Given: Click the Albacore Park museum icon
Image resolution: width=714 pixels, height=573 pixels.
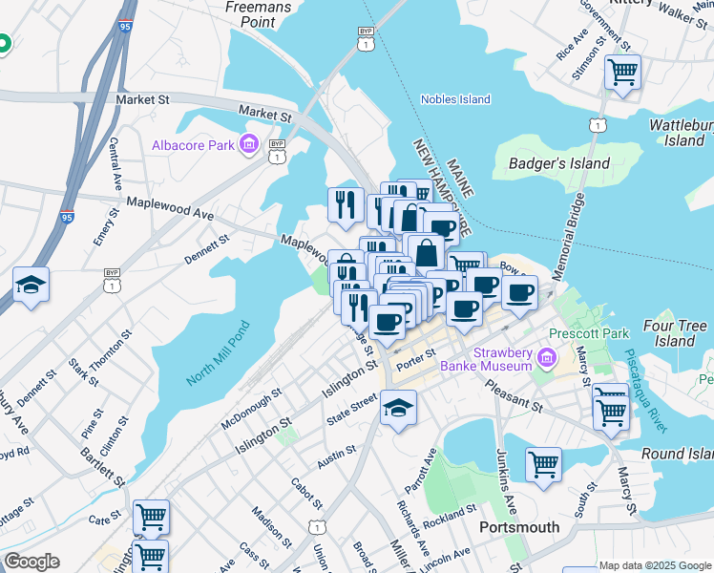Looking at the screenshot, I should [x=250, y=145].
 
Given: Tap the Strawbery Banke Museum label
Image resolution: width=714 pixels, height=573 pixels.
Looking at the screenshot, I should [x=493, y=359].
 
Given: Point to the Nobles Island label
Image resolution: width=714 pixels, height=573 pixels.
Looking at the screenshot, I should [x=455, y=99].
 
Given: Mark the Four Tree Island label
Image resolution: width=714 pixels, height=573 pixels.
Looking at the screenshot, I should [x=675, y=333].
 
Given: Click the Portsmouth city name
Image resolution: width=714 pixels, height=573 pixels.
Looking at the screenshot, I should [x=518, y=527].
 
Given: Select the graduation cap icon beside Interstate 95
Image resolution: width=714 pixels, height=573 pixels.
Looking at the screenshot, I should [x=31, y=285].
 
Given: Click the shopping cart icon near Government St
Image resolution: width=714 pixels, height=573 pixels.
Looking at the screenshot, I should [x=622, y=72].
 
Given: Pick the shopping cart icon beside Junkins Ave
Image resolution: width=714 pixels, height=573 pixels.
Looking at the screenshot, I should [x=543, y=465].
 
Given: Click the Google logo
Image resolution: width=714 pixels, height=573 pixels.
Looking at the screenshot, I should [x=31, y=562].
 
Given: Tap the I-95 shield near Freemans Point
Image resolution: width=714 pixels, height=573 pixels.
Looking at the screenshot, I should [x=125, y=28].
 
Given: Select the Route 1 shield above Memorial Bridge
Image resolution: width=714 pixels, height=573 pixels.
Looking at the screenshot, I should [x=598, y=125].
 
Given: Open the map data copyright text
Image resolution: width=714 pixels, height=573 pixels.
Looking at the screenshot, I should [x=654, y=565].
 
